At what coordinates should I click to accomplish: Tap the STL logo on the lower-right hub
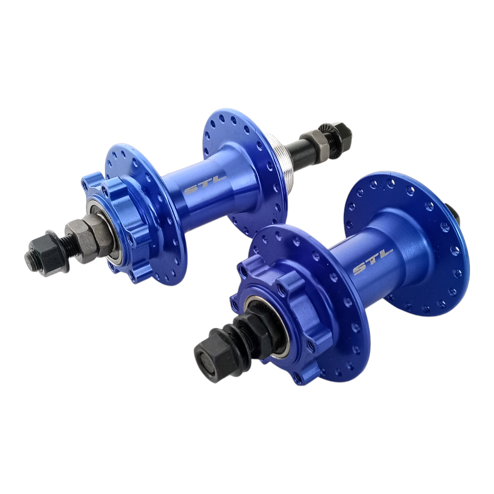click(373, 261)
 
